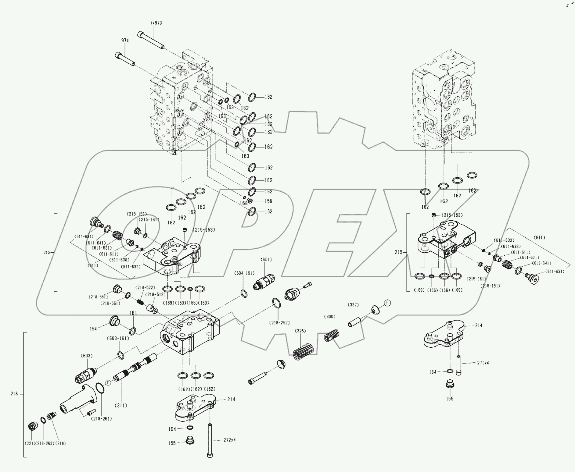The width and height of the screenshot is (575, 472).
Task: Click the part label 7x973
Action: click(156, 23)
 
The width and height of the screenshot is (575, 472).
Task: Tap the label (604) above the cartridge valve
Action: click(266, 259)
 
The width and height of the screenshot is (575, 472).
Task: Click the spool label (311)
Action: click(121, 406)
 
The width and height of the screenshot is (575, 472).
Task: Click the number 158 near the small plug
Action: click(268, 201)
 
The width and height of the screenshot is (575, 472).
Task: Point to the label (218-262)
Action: click(279, 322)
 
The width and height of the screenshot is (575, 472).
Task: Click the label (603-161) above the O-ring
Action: click(118, 338)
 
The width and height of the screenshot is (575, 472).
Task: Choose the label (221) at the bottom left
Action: click(30, 443)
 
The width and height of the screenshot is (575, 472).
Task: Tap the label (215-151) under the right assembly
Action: click(490, 286)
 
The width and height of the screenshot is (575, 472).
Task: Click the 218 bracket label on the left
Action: click(14, 394)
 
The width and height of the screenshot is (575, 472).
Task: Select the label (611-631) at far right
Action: click(555, 271)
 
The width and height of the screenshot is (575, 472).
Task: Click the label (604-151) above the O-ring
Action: click(244, 273)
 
